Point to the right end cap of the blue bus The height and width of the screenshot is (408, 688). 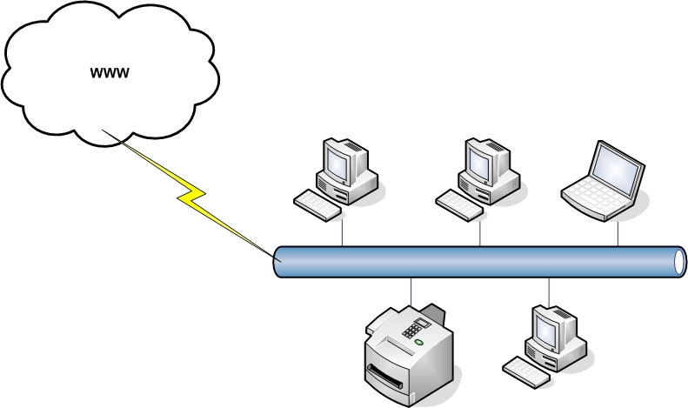[679, 262]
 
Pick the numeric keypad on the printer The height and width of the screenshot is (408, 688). [415, 330]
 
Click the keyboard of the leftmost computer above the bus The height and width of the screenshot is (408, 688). [317, 202]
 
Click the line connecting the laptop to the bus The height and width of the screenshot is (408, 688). [618, 232]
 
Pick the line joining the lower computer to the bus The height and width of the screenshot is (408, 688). [549, 291]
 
